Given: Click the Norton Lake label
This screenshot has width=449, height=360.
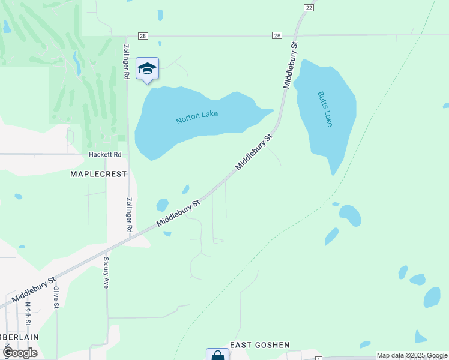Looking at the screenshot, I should pos(197,117).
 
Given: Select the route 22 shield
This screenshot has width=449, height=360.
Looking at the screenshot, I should pos(309,7).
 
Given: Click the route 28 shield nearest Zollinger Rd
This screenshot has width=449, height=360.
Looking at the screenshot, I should pos(142,35).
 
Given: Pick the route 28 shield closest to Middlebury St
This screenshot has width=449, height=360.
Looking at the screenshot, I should pos(276,35).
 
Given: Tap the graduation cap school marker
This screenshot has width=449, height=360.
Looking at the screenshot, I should pos(147,69).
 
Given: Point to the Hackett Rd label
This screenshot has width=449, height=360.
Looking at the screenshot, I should pos(105,154).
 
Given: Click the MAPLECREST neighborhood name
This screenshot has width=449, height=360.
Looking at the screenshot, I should pos(98,174).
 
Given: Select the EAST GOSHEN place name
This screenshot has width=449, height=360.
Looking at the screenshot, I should pos(260,345).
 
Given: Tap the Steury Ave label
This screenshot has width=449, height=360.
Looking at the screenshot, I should pos(106,273).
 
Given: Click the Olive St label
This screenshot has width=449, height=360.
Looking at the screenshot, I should pos(55,297).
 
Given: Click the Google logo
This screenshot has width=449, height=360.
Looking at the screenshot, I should pos(19,353).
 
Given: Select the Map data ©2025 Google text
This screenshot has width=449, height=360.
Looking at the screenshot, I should pos(412,355).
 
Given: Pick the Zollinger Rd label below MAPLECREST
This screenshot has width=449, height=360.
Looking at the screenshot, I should pos(129,215).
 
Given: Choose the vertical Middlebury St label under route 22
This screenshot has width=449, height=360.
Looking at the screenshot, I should pos(291,65).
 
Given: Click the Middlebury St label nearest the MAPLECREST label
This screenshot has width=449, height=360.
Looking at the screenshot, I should pos(178,213).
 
